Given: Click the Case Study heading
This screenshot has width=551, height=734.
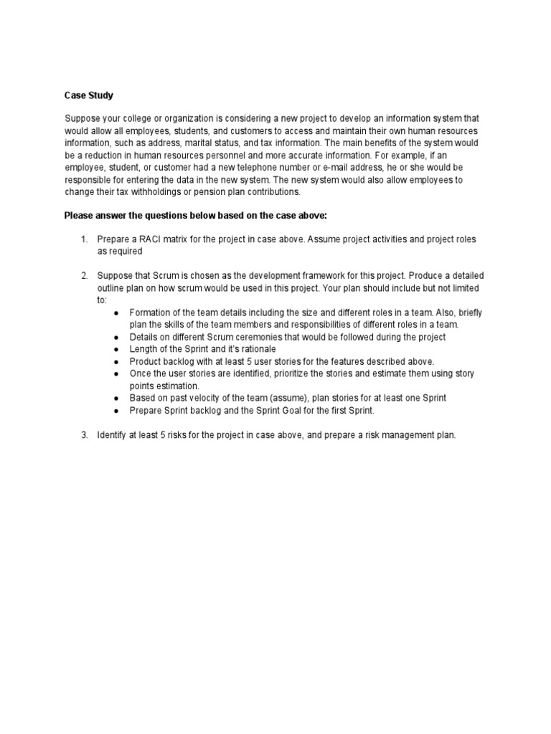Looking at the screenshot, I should coord(88,95).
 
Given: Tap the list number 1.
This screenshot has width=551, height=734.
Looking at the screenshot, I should coord(83,238).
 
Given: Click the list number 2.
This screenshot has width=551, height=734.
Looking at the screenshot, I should coord(83,275).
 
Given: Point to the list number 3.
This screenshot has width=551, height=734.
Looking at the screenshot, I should coord(83,434).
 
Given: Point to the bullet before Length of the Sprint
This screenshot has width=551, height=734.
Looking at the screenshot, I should coord(118,349).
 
